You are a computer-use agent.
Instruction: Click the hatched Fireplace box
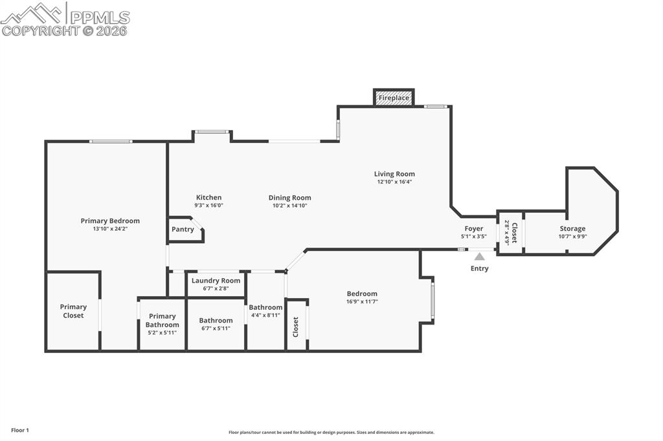394,98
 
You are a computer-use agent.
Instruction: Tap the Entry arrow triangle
479,257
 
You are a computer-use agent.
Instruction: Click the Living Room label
394,174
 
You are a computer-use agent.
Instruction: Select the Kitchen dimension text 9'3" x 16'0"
208,206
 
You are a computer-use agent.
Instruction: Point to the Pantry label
183,230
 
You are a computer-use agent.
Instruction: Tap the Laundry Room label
216,281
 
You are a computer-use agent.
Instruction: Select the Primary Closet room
73,311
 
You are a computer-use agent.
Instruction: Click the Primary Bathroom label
162,321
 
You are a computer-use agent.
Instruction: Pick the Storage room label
572,229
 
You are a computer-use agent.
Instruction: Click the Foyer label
473,229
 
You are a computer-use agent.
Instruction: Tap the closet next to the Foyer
511,231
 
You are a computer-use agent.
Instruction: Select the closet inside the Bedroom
297,326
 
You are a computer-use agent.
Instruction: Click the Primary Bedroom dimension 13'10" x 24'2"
110,229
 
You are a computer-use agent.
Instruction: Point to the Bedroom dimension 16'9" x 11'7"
362,301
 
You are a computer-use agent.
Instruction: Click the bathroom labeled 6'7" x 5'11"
216,324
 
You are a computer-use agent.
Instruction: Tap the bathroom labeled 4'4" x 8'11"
265,311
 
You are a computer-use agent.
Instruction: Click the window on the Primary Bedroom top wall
111,141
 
